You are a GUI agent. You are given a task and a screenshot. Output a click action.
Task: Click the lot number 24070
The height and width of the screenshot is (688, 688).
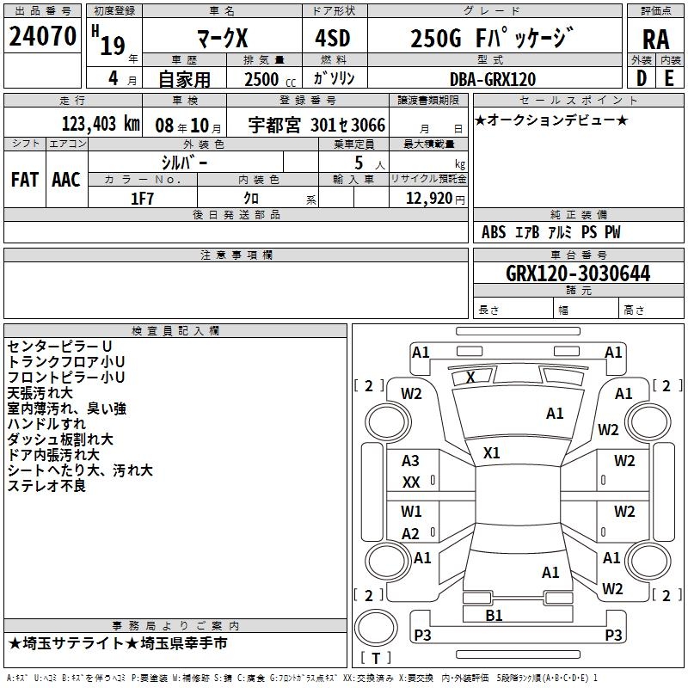pyautogui.click(x=42, y=37)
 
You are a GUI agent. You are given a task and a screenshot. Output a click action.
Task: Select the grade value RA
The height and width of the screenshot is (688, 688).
pyautogui.click(x=655, y=39)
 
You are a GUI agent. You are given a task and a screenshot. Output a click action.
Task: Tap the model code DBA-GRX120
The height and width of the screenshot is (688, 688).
pyautogui.click(x=492, y=79)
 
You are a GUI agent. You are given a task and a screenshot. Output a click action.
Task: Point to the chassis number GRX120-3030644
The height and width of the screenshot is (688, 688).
pyautogui.click(x=577, y=273)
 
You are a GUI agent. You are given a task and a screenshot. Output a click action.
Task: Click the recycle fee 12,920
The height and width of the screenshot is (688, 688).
pyautogui.click(x=427, y=198)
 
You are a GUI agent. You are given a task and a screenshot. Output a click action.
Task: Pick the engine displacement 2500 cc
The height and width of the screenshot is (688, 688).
pyautogui.click(x=263, y=79)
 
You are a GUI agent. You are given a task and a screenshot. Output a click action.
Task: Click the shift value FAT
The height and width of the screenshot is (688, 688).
pyautogui.click(x=24, y=180)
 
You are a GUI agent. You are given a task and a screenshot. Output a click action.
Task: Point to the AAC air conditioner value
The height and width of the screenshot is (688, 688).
pyautogui.click(x=65, y=180)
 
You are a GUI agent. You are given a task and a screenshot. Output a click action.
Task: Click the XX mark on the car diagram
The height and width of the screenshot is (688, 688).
pyautogui.click(x=411, y=482)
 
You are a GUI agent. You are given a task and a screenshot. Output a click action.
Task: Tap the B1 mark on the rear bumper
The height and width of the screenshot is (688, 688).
pyautogui.click(x=494, y=615)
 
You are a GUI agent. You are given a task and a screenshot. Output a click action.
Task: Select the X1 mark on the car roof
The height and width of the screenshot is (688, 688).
pyautogui.click(x=492, y=452)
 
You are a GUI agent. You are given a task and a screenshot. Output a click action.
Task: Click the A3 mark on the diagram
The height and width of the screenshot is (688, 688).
pyautogui.click(x=411, y=461)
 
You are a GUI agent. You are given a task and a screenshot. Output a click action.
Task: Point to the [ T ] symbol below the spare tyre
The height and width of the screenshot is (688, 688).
pyautogui.click(x=376, y=658)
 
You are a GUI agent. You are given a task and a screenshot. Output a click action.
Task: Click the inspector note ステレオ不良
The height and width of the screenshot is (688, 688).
pyautogui.click(x=46, y=486)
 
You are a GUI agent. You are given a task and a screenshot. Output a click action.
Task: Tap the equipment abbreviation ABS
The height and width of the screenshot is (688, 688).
pyautogui.click(x=494, y=232)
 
